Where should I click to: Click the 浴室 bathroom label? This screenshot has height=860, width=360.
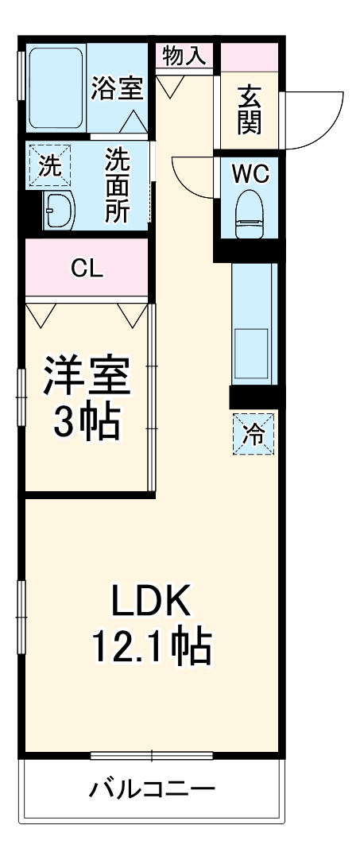click(x=117, y=88)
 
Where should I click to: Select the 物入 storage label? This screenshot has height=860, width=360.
click(x=184, y=55)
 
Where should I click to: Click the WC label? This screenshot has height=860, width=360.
click(x=249, y=173)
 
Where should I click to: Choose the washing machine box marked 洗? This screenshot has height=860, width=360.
click(x=49, y=166)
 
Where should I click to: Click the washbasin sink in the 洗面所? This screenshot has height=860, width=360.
click(x=58, y=211)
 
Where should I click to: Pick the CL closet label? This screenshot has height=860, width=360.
click(x=87, y=269)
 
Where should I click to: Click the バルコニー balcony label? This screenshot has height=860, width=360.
click(x=152, y=790)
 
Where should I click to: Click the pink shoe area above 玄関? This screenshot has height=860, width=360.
click(x=248, y=56)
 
